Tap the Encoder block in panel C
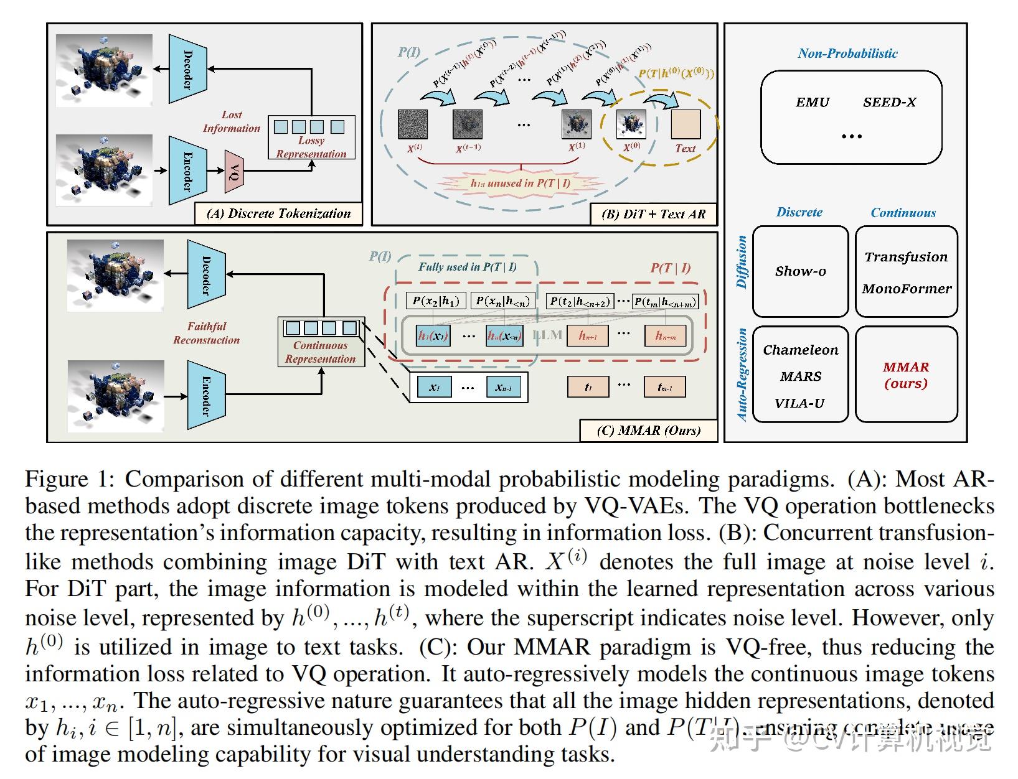[x=205, y=396]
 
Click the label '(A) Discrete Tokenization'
[x=278, y=213]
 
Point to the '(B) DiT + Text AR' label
[x=653, y=214]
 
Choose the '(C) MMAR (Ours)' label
[x=648, y=431]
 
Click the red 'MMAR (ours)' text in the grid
[x=906, y=375]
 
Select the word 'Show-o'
[x=800, y=271]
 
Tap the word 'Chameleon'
[x=801, y=350]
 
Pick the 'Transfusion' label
[x=906, y=257]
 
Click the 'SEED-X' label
[x=889, y=103]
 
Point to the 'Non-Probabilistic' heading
[x=847, y=54]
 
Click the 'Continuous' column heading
[x=903, y=213]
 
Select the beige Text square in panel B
[x=686, y=124]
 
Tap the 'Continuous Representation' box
[x=321, y=342]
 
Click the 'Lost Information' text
[x=232, y=122]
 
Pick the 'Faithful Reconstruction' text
[x=207, y=333]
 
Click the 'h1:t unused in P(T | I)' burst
[x=521, y=183]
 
